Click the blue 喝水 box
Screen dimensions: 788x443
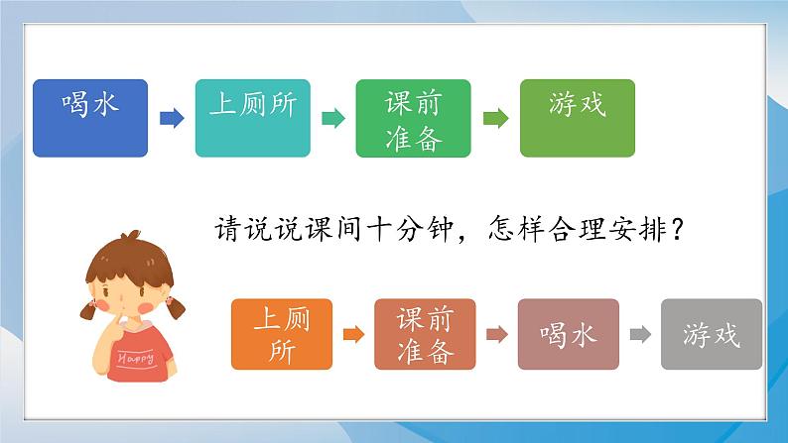pos(90,118)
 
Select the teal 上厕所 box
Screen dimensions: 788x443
pos(253,118)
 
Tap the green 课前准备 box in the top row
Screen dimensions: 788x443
pos(414,118)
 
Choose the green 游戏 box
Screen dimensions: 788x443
pos(578,118)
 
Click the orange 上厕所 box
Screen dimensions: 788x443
pos(282,334)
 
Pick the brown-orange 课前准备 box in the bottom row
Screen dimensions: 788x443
pos(425,334)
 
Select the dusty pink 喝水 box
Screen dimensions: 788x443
pos(569,334)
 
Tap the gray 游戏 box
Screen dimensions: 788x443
pos(712,334)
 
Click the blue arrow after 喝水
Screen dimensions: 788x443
pos(172,119)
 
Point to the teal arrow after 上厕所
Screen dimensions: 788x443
pos(333,119)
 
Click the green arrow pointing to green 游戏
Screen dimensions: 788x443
pos(496,119)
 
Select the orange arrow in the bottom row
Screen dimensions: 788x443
pos(353,334)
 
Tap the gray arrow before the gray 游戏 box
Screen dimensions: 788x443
pos(640,334)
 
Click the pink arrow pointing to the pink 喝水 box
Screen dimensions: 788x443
pos(497,334)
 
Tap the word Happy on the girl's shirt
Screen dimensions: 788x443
pos(136,358)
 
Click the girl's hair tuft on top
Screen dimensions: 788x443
pos(131,236)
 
